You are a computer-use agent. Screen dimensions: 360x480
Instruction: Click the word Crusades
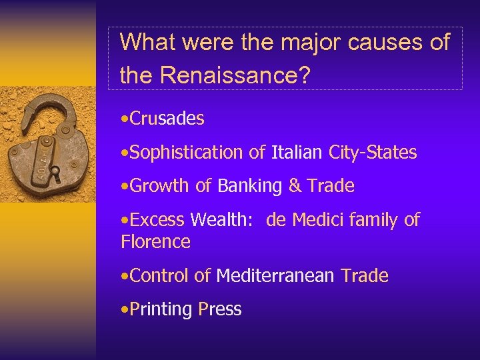[x=167, y=119]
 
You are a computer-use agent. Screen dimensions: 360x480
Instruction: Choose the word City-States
[x=373, y=153]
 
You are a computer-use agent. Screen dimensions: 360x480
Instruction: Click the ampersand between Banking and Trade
[x=295, y=186]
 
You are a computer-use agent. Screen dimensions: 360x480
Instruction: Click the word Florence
[x=155, y=241]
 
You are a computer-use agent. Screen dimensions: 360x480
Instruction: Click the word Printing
[x=161, y=309]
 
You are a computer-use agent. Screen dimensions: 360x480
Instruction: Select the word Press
[x=220, y=309]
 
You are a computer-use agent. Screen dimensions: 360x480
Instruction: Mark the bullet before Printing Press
[x=125, y=309]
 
